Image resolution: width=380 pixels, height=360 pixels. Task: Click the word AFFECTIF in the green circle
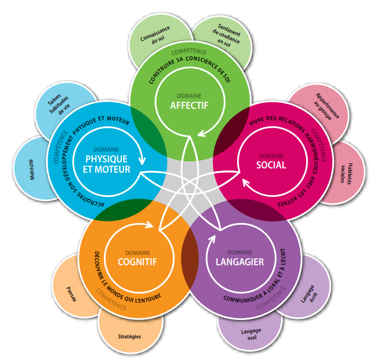tap(189, 106)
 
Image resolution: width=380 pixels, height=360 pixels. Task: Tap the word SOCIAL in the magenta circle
tap(271, 165)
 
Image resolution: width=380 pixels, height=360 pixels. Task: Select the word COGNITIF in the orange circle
tap(137, 262)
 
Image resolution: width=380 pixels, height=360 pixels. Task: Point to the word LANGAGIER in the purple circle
tap(240, 262)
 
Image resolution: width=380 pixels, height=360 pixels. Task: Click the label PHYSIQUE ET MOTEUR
tap(107, 164)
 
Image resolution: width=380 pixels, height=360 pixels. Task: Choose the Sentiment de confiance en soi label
tap(227, 35)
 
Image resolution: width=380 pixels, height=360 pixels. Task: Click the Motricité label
tap(32, 169)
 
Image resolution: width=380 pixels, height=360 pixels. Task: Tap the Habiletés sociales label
tap(346, 174)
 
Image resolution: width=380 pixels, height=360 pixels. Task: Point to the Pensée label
tap(71, 294)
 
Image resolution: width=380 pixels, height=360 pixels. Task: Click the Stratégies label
tap(129, 337)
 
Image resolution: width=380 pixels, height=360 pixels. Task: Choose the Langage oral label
tap(251, 334)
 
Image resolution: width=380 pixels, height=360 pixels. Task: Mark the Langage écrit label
tap(309, 294)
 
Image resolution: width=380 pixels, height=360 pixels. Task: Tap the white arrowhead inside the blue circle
tap(142, 160)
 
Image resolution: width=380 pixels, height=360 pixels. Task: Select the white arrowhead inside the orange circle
tap(149, 225)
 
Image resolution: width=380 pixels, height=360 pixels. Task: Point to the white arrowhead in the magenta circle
tap(247, 184)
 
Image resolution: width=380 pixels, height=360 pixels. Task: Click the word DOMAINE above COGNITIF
tap(137, 253)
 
